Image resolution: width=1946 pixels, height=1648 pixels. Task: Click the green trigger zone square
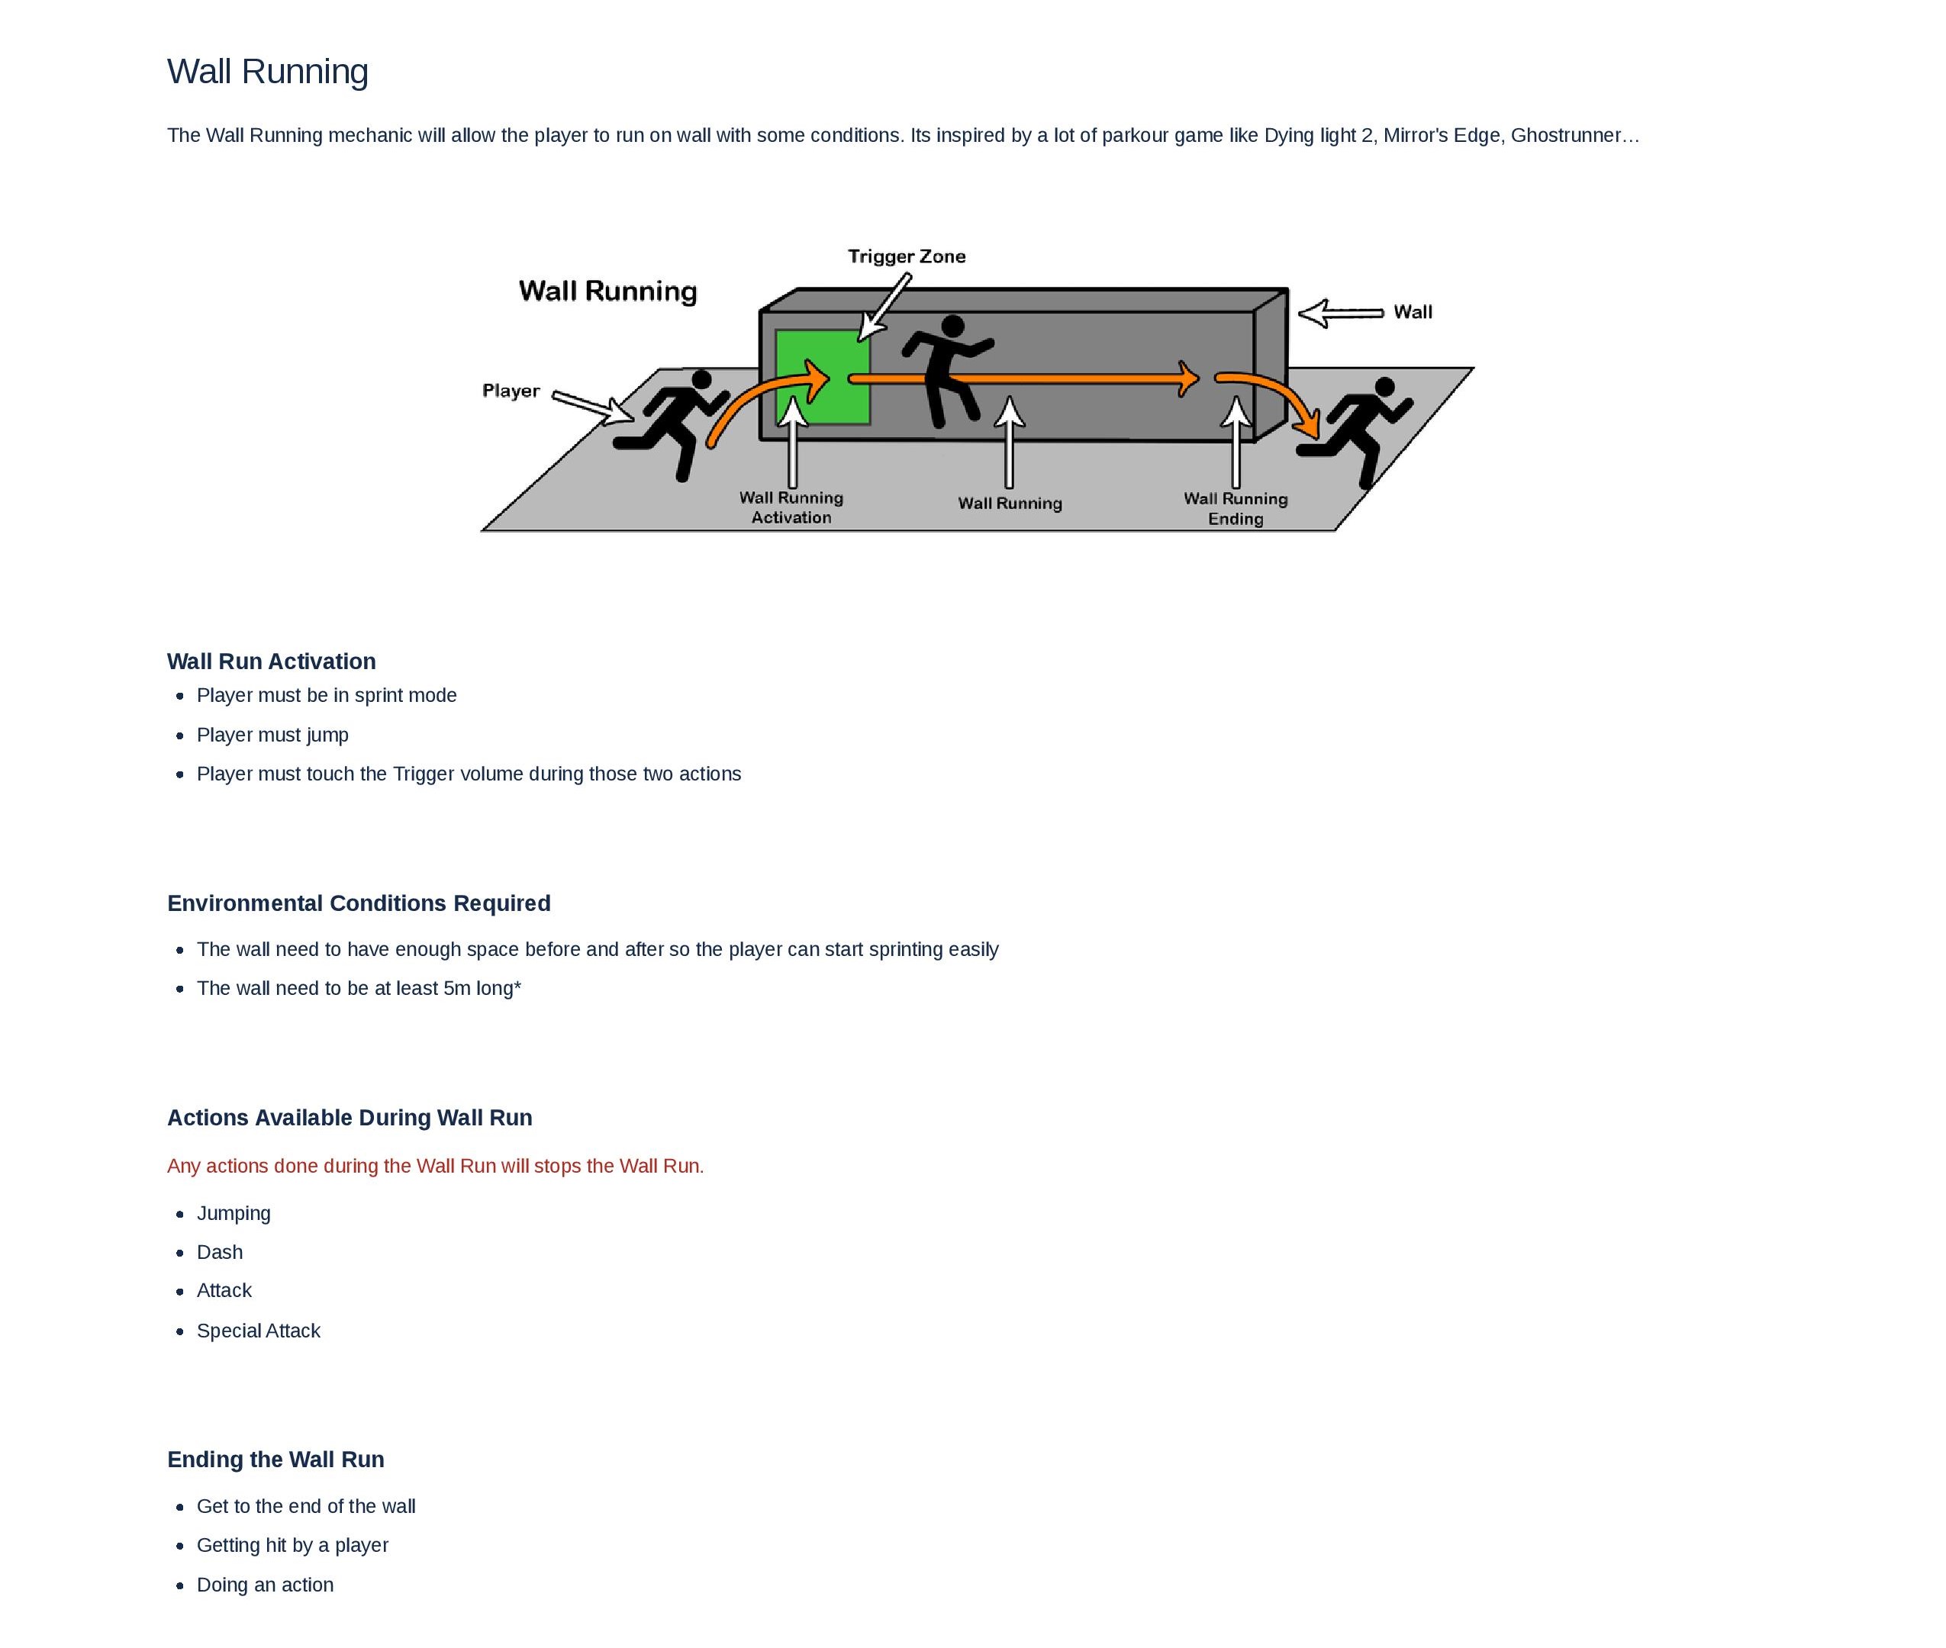821,376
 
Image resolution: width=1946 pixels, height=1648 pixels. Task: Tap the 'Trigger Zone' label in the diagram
905,256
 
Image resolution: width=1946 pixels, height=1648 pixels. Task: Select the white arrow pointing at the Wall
1339,313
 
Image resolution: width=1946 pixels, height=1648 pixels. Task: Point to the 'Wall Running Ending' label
1234,508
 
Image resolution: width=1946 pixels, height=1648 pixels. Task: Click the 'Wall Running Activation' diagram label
791,507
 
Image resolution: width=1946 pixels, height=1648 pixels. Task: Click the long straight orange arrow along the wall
1022,378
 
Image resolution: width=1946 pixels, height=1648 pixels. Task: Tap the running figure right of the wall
1357,430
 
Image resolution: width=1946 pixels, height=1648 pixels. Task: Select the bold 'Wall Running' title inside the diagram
607,291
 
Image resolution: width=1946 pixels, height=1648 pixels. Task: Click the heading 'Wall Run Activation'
271,661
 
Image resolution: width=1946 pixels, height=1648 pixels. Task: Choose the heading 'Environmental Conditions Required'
359,903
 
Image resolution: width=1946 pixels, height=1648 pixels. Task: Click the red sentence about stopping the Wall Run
435,1166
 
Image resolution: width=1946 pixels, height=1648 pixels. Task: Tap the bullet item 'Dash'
220,1252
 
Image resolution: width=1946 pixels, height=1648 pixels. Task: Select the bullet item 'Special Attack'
258,1331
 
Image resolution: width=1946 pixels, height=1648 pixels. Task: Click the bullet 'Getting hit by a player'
292,1545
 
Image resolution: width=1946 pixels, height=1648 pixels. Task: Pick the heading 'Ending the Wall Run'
275,1460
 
